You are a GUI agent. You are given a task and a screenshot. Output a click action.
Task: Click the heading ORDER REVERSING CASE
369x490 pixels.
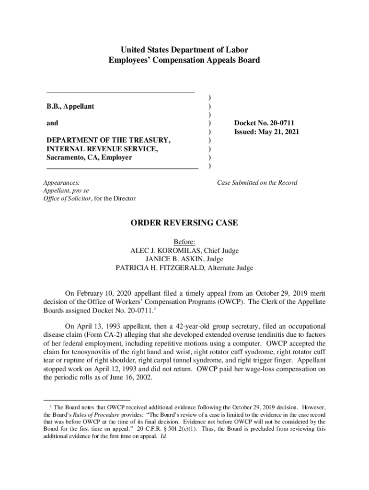tap(184, 223)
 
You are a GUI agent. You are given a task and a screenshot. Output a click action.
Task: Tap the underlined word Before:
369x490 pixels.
tap(184, 242)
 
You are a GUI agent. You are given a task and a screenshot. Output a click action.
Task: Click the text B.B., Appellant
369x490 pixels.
tap(70, 106)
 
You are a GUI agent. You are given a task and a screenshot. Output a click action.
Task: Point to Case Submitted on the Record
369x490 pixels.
tap(257, 182)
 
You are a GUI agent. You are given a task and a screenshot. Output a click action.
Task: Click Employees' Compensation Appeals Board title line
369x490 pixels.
tap(184, 60)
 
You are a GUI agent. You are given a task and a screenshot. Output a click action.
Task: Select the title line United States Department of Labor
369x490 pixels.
tap(184, 50)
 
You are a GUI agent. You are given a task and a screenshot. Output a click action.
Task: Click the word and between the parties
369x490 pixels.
tap(52, 123)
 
